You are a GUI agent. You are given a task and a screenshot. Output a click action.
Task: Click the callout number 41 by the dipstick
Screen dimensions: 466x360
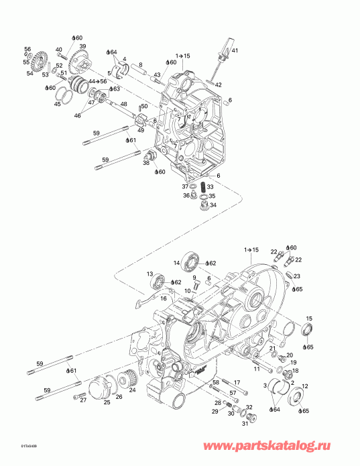point(235,51)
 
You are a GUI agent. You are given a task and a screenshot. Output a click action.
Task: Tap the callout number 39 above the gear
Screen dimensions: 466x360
point(82,46)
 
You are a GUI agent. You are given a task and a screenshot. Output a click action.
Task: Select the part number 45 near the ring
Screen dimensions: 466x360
point(58,103)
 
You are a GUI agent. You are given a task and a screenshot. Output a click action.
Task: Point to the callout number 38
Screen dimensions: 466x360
point(145,163)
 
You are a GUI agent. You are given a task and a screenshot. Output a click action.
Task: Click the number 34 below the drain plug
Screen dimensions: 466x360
point(213,205)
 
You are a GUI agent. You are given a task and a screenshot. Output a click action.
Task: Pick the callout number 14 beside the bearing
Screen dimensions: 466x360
point(178,262)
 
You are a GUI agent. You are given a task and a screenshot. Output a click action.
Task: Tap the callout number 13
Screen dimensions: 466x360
point(150,274)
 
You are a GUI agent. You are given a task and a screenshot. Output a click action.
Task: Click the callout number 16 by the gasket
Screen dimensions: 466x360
point(163,298)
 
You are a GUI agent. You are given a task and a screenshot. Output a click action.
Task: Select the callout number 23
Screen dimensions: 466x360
point(297,276)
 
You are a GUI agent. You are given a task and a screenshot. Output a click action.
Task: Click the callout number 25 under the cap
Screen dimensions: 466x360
point(106,402)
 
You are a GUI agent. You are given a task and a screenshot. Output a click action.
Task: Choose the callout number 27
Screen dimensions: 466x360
point(83,400)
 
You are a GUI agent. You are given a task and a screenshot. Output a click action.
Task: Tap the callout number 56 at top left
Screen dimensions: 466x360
point(27,49)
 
